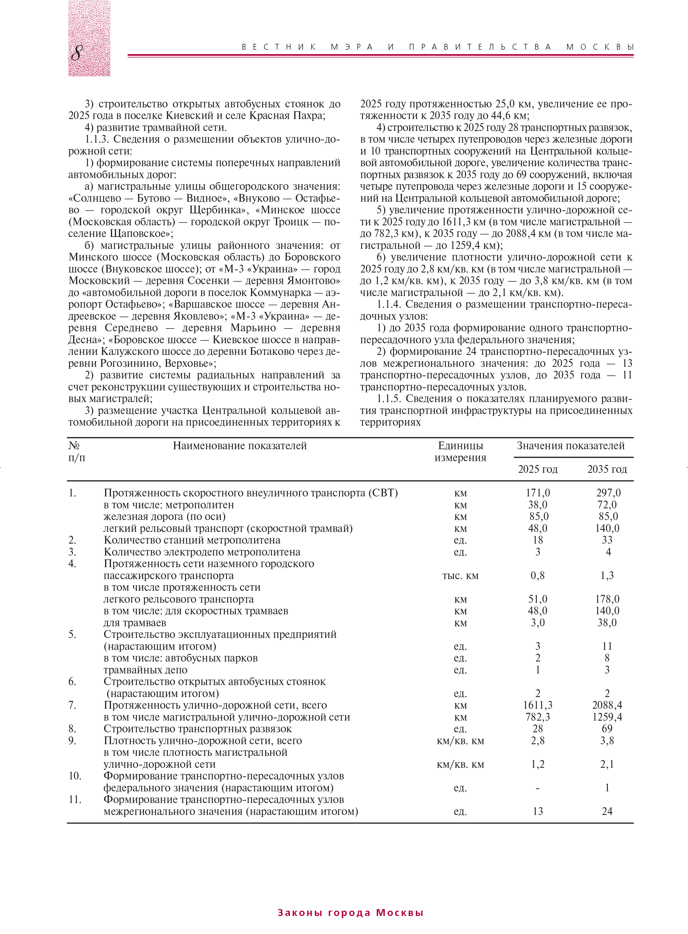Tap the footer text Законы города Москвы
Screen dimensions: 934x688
point(350,912)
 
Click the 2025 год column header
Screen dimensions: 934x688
point(537,469)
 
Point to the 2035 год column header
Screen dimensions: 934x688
point(607,469)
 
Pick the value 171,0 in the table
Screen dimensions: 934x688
point(538,493)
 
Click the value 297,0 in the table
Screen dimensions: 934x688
point(608,493)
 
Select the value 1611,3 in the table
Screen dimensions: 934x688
point(538,705)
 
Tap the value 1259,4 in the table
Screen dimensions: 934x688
point(607,717)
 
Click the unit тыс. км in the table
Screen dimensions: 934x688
point(460,576)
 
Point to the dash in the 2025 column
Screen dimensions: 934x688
point(538,788)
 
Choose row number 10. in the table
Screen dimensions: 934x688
point(75,776)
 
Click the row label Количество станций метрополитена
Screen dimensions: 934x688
point(192,540)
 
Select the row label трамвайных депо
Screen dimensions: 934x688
point(145,670)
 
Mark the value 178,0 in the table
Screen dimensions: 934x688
point(607,599)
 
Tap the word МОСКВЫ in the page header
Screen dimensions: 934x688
point(600,47)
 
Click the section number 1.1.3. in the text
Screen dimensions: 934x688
point(97,139)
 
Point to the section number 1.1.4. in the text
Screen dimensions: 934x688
point(389,304)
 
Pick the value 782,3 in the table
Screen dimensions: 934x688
point(538,717)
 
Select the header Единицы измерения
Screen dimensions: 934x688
point(460,451)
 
